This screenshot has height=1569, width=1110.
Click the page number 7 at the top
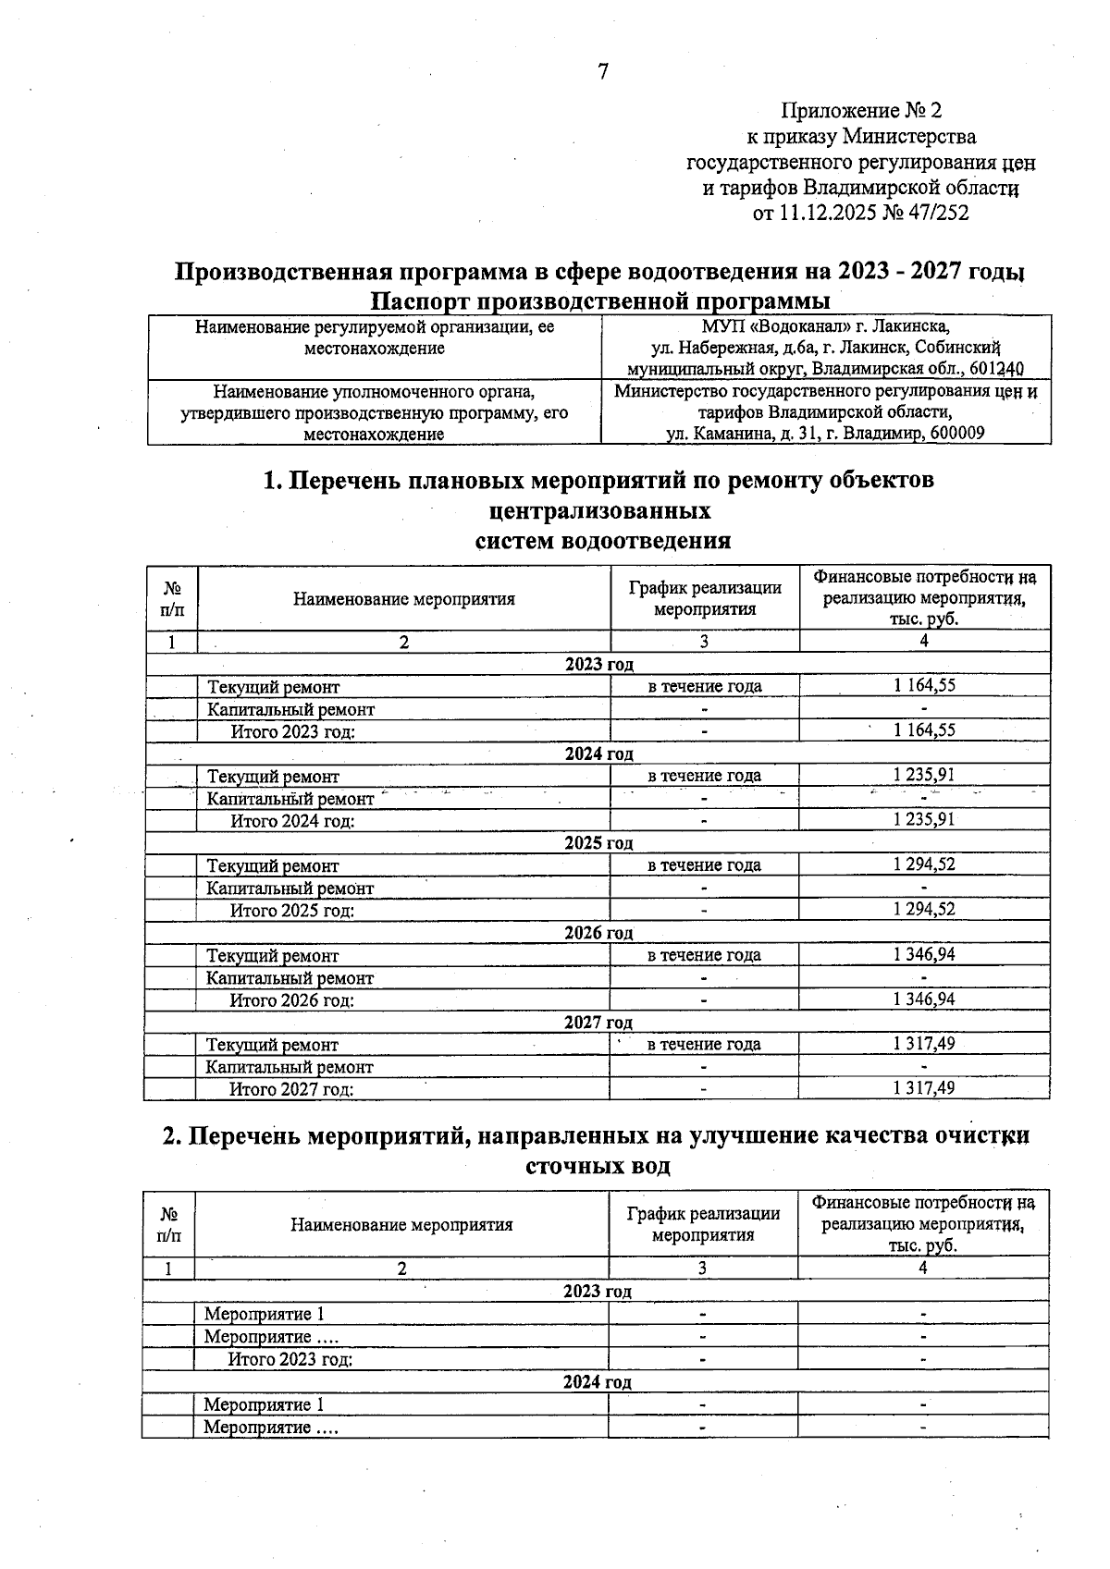pos(603,72)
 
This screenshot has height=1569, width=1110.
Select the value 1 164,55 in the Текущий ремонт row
pos(924,686)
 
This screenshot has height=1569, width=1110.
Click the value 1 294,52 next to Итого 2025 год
pos(924,910)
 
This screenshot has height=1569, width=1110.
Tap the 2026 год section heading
pos(598,933)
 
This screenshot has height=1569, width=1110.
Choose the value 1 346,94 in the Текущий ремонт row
pos(924,954)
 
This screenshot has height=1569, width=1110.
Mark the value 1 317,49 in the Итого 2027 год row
pos(924,1088)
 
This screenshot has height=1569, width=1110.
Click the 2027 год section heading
pos(598,1023)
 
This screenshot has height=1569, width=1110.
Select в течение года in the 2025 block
pos(704,865)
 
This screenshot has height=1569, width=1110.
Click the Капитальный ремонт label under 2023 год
pos(290,710)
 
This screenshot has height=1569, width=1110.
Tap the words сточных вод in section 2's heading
pos(598,1166)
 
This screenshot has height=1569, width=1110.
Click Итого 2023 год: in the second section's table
pos(290,1359)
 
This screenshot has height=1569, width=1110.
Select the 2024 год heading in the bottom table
pos(597,1382)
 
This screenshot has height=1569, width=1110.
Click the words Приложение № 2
pos(861,111)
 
